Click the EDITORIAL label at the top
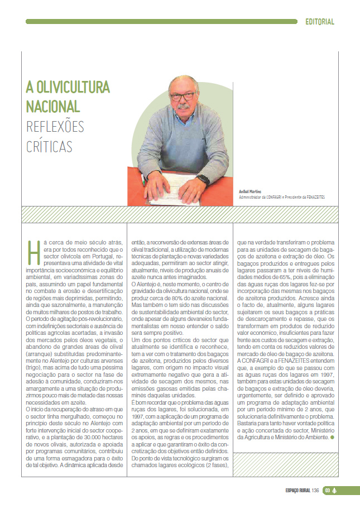pos(320,22)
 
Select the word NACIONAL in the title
pos(53,106)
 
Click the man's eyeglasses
pos(183,95)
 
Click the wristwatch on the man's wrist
pos(203,180)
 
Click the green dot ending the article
pos(332,437)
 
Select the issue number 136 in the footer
pos(315,490)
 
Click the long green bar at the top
pos(161,22)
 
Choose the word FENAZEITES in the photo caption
pos(314,197)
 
